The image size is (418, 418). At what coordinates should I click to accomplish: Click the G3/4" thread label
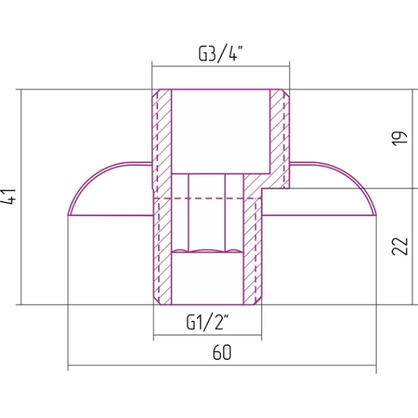pos(221,54)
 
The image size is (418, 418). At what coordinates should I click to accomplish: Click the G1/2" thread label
pos(208,322)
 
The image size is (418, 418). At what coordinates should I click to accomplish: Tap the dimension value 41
pos(9,196)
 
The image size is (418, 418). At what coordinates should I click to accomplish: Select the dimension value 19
pos(400,138)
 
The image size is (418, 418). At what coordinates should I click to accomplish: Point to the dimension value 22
pos(400,246)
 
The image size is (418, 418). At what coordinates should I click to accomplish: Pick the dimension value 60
pos(222,353)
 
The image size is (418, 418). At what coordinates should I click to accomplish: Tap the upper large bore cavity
pos(221,132)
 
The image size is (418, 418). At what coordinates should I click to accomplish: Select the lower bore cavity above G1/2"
pos(207,278)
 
